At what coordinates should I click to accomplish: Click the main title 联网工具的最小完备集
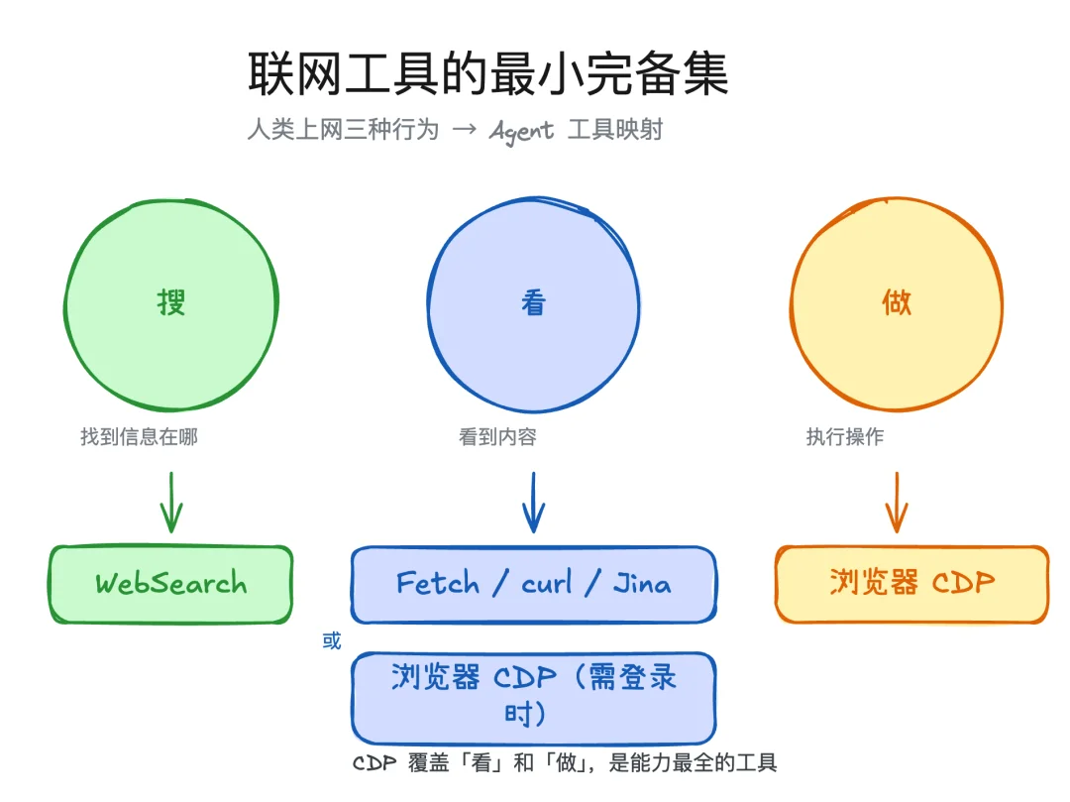click(x=487, y=74)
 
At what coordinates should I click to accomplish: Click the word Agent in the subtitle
click(x=521, y=131)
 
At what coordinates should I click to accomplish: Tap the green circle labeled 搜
click(x=171, y=302)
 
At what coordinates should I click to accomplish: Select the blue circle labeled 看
click(x=534, y=302)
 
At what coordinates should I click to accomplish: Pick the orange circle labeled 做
click(x=897, y=302)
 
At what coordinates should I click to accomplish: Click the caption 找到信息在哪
click(x=139, y=437)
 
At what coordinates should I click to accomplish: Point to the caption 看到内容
click(x=497, y=437)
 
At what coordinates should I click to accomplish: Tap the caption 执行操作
click(x=845, y=437)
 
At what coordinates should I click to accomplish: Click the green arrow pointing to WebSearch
click(x=171, y=502)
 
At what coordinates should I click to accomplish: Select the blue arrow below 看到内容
click(x=534, y=502)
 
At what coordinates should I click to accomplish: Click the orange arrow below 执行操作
click(x=897, y=502)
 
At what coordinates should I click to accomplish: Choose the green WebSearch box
click(x=171, y=584)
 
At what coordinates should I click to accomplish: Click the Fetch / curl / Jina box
click(x=533, y=584)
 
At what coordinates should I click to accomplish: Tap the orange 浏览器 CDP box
click(x=911, y=584)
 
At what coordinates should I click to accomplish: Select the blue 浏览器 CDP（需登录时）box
click(x=533, y=698)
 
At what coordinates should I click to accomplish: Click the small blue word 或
click(x=331, y=641)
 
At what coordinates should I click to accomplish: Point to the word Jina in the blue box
click(x=641, y=583)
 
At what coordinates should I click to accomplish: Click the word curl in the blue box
click(x=547, y=583)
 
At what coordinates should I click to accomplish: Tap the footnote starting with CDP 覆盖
click(x=565, y=762)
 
